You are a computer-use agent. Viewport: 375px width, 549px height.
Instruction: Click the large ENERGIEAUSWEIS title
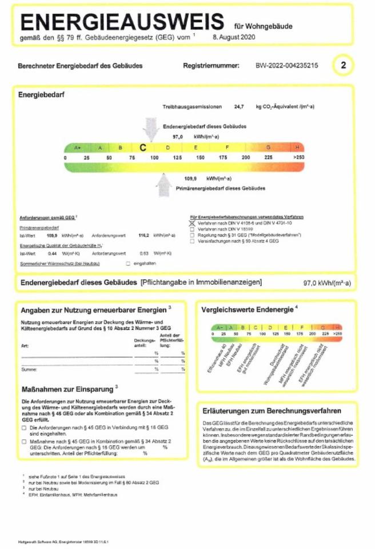point(122,22)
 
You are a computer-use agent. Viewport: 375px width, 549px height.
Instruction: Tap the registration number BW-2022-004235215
point(286,66)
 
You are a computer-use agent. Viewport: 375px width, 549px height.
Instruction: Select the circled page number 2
point(343,65)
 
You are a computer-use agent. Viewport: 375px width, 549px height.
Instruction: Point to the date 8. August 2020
point(230,38)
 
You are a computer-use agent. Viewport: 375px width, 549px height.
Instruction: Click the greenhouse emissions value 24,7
point(238,107)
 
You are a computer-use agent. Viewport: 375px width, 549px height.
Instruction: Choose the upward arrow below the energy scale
point(165,184)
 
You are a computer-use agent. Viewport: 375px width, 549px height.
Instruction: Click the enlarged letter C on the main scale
point(143,147)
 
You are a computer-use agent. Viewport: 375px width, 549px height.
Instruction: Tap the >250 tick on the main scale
point(298,157)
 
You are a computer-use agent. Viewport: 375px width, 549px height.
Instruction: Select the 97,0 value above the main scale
point(177,137)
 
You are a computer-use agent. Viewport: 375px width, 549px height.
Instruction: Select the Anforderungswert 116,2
point(144,235)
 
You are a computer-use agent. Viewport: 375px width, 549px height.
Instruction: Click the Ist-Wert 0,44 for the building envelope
point(52,252)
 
